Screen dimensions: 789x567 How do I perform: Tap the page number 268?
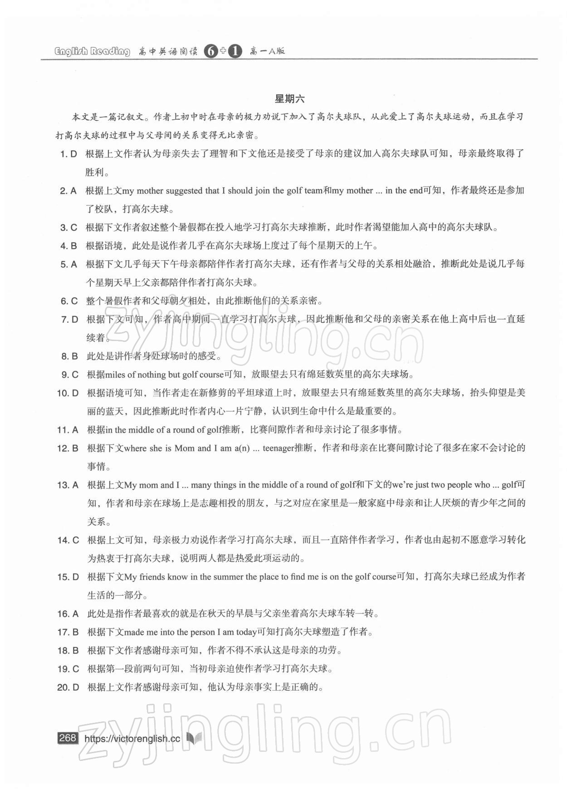(68, 738)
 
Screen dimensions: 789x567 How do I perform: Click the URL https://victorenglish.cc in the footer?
(132, 739)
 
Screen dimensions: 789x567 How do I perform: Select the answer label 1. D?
(69, 154)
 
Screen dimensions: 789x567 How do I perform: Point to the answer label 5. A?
(69, 264)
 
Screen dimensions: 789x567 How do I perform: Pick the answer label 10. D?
(68, 393)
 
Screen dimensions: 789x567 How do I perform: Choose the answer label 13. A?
(68, 485)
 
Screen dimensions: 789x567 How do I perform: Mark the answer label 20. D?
(68, 687)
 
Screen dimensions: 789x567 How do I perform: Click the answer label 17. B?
(68, 632)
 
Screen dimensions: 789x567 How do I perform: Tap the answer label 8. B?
(69, 356)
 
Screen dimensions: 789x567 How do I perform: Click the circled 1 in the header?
(235, 51)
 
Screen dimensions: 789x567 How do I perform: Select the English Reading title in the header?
(92, 51)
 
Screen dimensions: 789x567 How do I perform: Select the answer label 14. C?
(68, 540)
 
